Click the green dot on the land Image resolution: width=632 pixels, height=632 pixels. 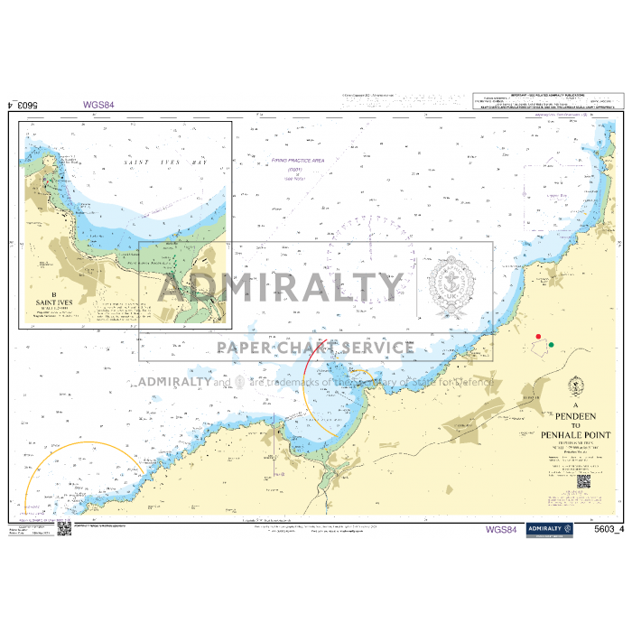(x=551, y=345)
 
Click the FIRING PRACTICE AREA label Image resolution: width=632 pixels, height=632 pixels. (x=297, y=160)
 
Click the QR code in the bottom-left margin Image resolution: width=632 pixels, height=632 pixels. (x=64, y=528)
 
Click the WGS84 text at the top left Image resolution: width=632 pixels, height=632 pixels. (x=98, y=105)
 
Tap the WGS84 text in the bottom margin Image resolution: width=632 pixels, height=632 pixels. (x=502, y=529)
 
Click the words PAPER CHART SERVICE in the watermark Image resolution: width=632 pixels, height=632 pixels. (x=315, y=348)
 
